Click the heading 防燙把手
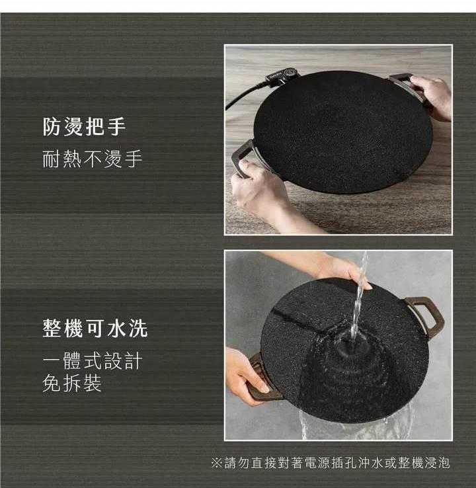[x=85, y=127]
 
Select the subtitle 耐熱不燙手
[x=93, y=159]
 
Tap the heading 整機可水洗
[x=95, y=329]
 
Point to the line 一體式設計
[x=93, y=361]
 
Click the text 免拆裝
[x=72, y=383]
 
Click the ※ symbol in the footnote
[x=217, y=463]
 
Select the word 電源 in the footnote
[x=317, y=463]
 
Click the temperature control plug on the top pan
[x=282, y=76]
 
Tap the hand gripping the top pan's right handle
[x=432, y=97]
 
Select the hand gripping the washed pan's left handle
[x=246, y=375]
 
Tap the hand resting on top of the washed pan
[x=336, y=269]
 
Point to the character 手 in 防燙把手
[x=116, y=127]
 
